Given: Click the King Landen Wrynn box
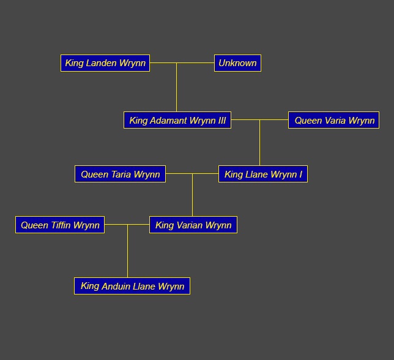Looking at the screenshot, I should click(x=105, y=63).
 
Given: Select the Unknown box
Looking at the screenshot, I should click(x=237, y=63).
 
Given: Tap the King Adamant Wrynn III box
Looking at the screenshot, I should click(x=177, y=121).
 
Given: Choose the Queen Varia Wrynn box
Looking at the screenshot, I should click(x=334, y=121).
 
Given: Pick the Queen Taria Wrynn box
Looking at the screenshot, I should click(x=120, y=174).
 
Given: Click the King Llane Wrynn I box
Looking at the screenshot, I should click(x=263, y=174).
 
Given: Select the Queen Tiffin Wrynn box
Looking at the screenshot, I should click(x=60, y=225).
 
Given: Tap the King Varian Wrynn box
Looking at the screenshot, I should click(x=193, y=225).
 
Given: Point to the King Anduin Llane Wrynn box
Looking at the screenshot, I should click(x=132, y=286).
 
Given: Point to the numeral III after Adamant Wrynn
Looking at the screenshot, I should click(x=221, y=121).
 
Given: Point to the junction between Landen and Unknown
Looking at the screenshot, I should click(x=177, y=63).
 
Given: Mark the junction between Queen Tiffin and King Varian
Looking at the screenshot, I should click(x=127, y=225).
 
